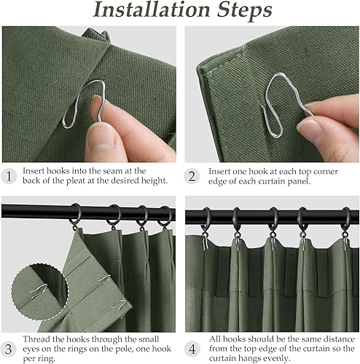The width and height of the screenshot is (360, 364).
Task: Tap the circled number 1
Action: point(9,175)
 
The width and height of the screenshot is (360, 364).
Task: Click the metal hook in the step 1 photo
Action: point(80,110)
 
